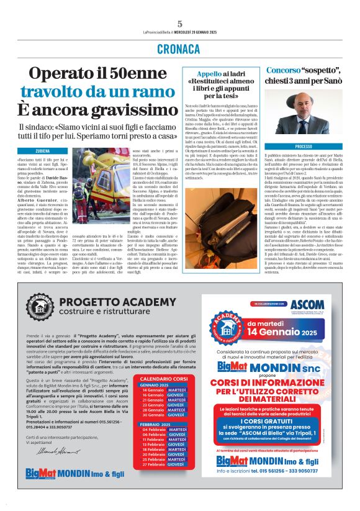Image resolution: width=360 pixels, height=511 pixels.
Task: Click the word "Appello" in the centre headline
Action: (x=200, y=73)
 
